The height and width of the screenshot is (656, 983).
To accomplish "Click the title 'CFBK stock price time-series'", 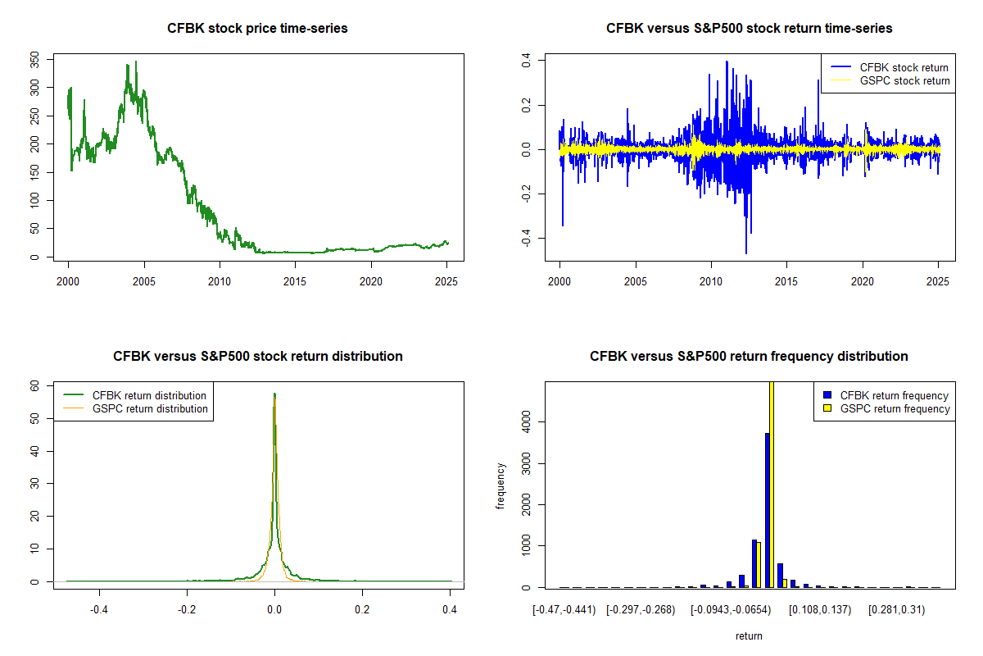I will pos(257,29).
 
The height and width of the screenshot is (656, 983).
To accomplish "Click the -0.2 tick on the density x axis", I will pos(187,609).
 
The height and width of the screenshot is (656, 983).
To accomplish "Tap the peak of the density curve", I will pos(274,394).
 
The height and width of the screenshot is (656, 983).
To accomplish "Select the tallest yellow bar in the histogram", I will pos(771,484).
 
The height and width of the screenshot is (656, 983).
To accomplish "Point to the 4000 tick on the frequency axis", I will pos(527,421).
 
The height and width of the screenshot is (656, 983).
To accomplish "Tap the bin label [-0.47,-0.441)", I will pos(565,609).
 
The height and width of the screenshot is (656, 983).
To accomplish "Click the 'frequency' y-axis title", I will pos(501,485).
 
